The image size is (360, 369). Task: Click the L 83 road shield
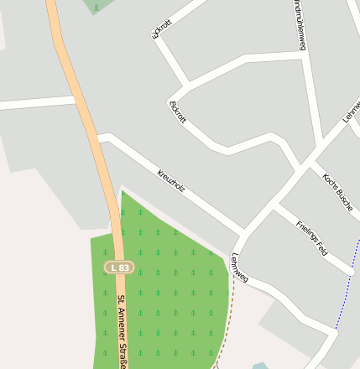pos(119,268)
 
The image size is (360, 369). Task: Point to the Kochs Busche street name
pos(338,191)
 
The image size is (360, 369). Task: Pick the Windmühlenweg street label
pos(300,25)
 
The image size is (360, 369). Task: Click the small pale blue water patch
pos(260,366)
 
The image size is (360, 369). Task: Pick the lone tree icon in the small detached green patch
pos(96,8)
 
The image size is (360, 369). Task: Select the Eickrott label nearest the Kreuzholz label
pos(177,112)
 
